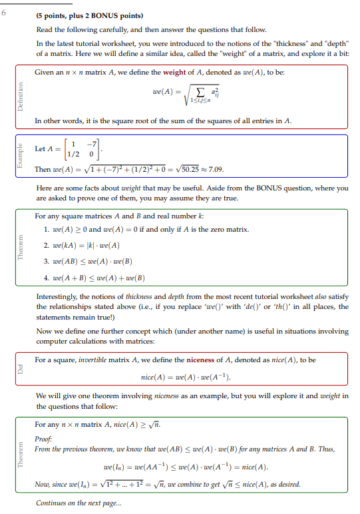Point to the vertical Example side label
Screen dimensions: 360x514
pos(20,153)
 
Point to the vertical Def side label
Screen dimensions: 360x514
pos(20,371)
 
